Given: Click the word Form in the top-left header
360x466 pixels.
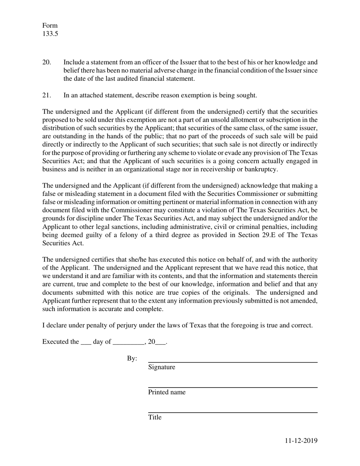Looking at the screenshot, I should [50, 25].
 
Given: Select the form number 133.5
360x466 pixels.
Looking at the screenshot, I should [50, 34].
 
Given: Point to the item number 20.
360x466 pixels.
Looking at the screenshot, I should [46, 62].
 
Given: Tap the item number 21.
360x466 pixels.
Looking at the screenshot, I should [46, 95].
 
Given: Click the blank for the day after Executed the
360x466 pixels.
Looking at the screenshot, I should [86, 342].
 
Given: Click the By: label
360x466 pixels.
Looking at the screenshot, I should [132, 358].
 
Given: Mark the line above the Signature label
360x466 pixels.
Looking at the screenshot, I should [232, 362].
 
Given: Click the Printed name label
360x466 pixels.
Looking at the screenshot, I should [167, 392].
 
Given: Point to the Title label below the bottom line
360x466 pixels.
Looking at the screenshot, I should [155, 417].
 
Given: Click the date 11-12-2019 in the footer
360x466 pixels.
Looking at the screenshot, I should [301, 441].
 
